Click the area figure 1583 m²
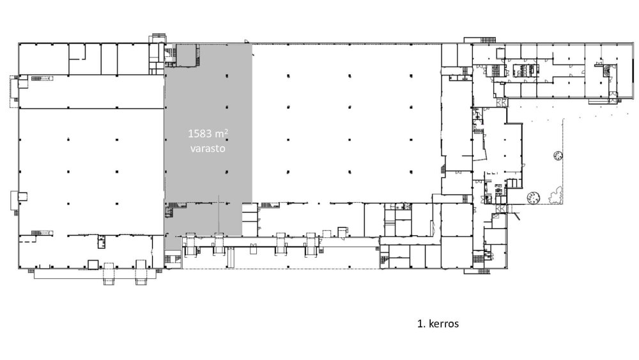[208, 133]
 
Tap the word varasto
[208, 148]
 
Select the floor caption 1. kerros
[438, 324]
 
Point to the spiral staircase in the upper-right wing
[608, 70]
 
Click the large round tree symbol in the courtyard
[534, 198]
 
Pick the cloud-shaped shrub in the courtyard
[555, 195]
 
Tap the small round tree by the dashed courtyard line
[558, 155]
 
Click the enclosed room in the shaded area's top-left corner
[185, 56]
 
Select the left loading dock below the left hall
[109, 274]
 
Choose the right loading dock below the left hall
[141, 274]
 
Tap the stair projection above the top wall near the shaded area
[157, 38]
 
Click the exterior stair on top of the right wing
[480, 40]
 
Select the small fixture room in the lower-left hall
[102, 242]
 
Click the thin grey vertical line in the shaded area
[219, 215]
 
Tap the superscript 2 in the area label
[226, 131]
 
